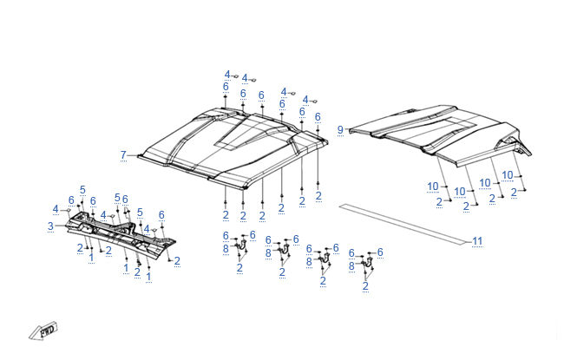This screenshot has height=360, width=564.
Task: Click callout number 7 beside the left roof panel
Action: tap(123, 155)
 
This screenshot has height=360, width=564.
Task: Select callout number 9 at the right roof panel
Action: tap(341, 129)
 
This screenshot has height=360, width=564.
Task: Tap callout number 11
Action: tap(476, 240)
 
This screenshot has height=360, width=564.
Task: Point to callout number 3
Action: tap(50, 226)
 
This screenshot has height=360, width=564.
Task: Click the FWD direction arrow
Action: tap(43, 331)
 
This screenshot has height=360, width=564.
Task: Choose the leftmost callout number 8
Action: tap(226, 249)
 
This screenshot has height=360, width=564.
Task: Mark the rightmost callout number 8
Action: tap(351, 266)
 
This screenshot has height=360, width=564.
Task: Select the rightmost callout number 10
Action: tap(508, 174)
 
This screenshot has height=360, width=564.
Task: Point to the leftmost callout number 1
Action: tap(92, 258)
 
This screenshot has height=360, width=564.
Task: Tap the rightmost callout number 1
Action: tap(148, 277)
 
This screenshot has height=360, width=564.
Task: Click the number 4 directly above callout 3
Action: tap(56, 209)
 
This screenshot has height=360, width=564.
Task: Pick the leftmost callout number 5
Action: tap(82, 189)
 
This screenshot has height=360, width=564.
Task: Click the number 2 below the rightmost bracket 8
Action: tap(365, 285)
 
